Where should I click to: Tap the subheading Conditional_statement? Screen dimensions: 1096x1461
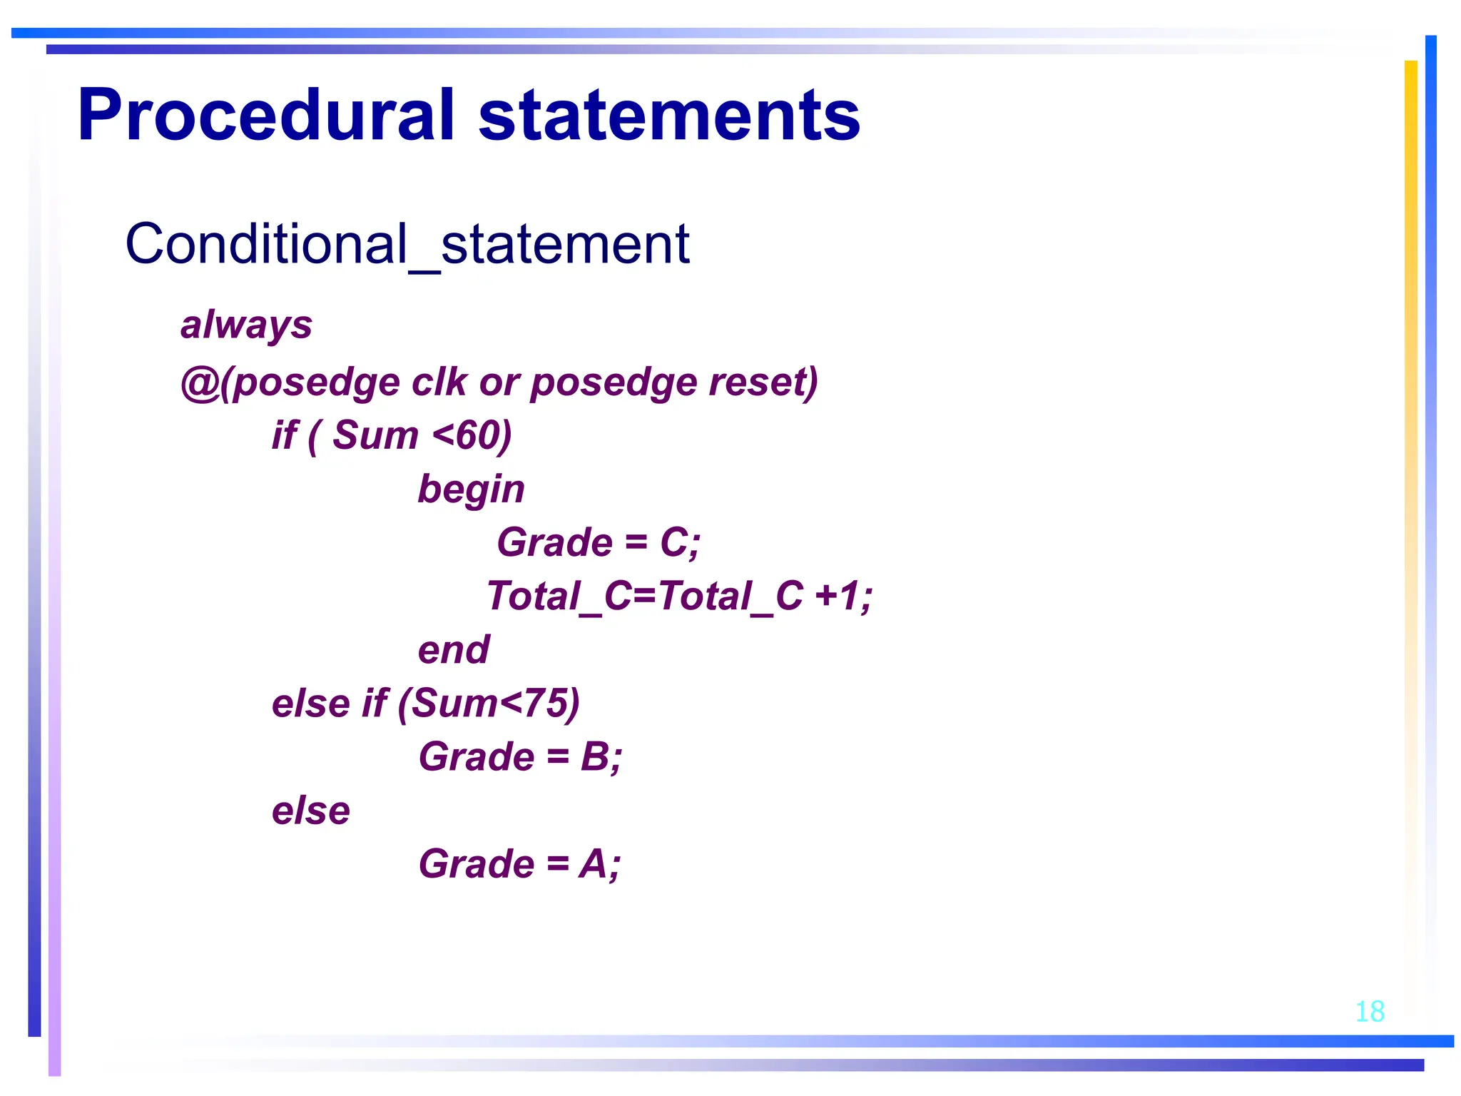[x=407, y=244]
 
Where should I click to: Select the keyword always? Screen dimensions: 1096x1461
[x=246, y=325]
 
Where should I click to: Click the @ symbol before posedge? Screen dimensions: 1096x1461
[x=200, y=382]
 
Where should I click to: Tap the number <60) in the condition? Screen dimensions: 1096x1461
[x=472, y=435]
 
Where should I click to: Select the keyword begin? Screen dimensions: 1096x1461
[x=471, y=489]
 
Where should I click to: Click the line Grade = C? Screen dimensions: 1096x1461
[x=598, y=542]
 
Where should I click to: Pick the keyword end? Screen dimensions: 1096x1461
[x=454, y=650]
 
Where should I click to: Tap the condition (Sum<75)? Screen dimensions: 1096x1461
[x=489, y=704]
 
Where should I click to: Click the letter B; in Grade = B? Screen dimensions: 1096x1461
[x=601, y=757]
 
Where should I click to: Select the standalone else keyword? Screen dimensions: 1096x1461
[x=311, y=811]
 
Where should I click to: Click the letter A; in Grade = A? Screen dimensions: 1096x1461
[x=599, y=864]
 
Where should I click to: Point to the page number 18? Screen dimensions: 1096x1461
[x=1369, y=1012]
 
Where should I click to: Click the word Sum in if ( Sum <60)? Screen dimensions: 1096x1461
[x=375, y=435]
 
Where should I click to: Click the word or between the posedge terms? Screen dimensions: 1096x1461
[x=499, y=382]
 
